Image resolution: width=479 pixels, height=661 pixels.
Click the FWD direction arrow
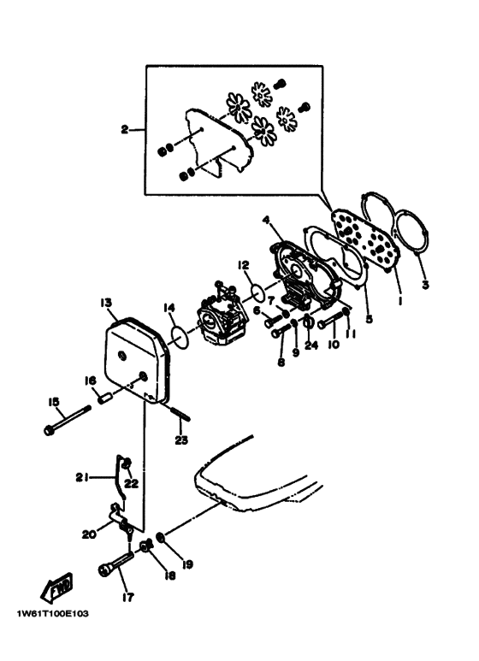point(56,587)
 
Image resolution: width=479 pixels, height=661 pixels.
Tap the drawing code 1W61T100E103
point(53,614)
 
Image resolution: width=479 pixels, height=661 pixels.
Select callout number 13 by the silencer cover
point(106,303)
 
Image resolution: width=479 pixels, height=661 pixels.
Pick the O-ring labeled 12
point(257,292)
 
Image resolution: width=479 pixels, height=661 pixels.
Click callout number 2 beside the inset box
point(124,129)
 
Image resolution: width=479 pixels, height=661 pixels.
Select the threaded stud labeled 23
point(180,413)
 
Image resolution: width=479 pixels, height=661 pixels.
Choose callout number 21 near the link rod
point(82,478)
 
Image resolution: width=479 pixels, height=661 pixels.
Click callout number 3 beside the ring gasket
point(425,285)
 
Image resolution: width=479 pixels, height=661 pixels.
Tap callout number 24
point(311,345)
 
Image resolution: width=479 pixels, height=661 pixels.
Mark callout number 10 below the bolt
point(334,345)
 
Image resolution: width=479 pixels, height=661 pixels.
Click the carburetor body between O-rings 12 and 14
point(222,312)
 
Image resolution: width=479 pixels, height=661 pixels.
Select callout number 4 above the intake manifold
point(266,220)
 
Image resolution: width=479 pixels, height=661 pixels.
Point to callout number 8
point(281,362)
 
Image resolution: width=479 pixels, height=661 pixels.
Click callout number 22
point(132,483)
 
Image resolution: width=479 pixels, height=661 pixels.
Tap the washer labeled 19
point(161,538)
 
